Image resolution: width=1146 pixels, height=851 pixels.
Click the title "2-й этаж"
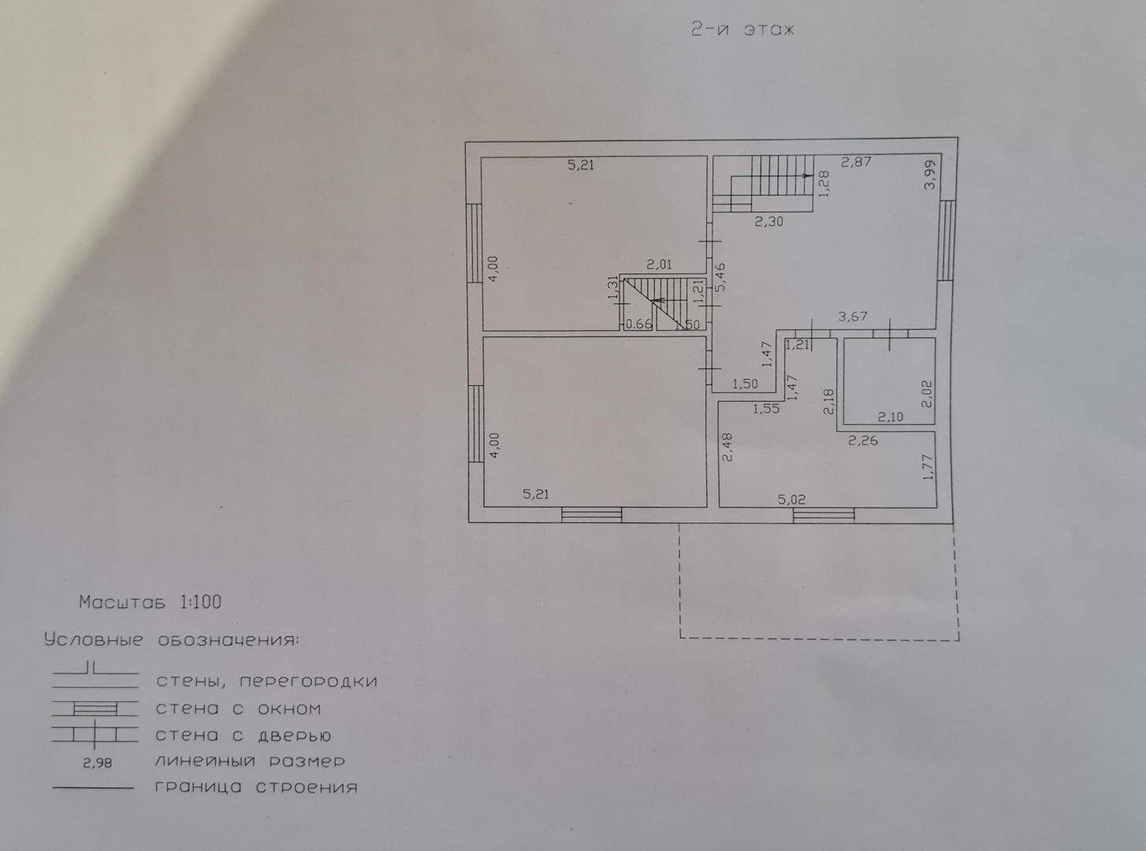[x=742, y=30]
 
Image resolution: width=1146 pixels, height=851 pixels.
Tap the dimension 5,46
[x=720, y=277]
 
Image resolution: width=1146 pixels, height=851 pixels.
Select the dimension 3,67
[x=852, y=317]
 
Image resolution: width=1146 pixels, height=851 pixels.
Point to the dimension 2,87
[x=855, y=162]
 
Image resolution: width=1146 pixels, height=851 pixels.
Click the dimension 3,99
[x=930, y=174]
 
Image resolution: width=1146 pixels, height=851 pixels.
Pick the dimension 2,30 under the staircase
[x=768, y=222]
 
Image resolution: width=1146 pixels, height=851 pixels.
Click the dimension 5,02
[x=791, y=500]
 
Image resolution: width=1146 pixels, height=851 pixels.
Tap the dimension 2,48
[x=727, y=446]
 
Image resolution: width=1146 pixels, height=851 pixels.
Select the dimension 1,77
[x=928, y=467]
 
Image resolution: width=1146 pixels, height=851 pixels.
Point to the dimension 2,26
[x=862, y=441]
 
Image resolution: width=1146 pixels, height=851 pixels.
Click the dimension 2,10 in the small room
[x=891, y=418]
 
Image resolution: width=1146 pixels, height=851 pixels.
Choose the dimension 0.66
[x=638, y=324]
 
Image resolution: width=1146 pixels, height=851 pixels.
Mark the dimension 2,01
[x=659, y=266]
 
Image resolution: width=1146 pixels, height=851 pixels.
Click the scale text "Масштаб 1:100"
[x=150, y=603]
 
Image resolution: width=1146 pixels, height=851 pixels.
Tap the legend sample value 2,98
[x=97, y=763]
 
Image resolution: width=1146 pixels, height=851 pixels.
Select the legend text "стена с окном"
[x=238, y=709]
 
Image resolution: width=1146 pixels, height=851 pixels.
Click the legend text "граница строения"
[x=256, y=787]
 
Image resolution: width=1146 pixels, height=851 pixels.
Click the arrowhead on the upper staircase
[x=807, y=175]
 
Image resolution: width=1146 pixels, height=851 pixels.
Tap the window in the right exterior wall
[x=947, y=240]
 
